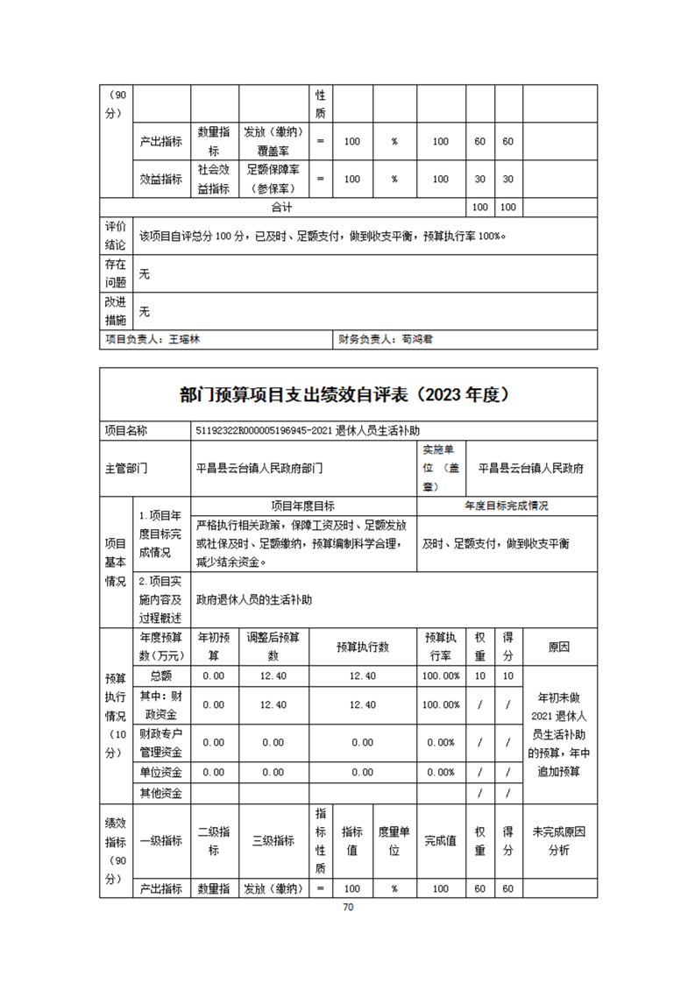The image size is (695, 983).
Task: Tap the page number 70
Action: coord(348,908)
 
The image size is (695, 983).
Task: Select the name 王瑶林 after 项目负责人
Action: coord(185,338)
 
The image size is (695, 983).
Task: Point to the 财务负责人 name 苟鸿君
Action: coord(416,338)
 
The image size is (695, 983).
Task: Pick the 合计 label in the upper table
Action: coord(281,208)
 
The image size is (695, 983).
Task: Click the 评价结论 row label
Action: coord(116,234)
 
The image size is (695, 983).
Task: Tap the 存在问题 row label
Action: coord(116,273)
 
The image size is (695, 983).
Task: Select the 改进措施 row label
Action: coord(116,310)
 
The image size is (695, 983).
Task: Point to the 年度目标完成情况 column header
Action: coord(507,506)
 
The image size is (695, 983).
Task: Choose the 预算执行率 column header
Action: coord(441,647)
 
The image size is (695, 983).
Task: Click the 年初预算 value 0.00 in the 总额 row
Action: coord(214,675)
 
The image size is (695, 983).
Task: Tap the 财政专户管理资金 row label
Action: coord(161,742)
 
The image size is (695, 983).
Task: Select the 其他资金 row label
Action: coord(161,793)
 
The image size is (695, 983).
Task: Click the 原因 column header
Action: coord(558,647)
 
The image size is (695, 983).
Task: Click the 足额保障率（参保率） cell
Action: coord(273,179)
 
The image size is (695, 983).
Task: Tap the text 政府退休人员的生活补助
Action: coord(254,600)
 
